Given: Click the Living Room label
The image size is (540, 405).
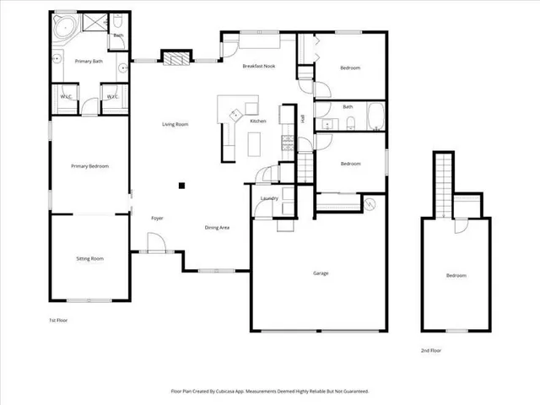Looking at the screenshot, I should [x=175, y=125].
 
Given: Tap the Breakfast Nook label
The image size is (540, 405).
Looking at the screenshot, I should [x=258, y=66].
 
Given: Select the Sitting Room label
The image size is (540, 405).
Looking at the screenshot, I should [x=90, y=258].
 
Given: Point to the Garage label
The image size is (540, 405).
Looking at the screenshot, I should [x=321, y=273].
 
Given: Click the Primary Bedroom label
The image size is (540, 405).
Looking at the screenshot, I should [x=90, y=166].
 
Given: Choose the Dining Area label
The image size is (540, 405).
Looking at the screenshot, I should [x=218, y=228].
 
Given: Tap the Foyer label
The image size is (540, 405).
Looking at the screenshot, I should [x=157, y=219].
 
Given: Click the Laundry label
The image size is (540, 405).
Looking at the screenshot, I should [x=270, y=198].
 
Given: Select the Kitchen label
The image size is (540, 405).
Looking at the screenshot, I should [x=258, y=121].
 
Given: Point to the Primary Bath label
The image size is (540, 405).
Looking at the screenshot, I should [x=89, y=61].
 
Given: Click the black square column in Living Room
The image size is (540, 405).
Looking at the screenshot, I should [x=181, y=186].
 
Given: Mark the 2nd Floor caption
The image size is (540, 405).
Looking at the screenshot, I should [x=430, y=350].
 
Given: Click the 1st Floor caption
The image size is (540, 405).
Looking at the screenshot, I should [x=59, y=321].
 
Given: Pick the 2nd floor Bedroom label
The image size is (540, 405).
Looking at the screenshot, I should [x=456, y=276].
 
